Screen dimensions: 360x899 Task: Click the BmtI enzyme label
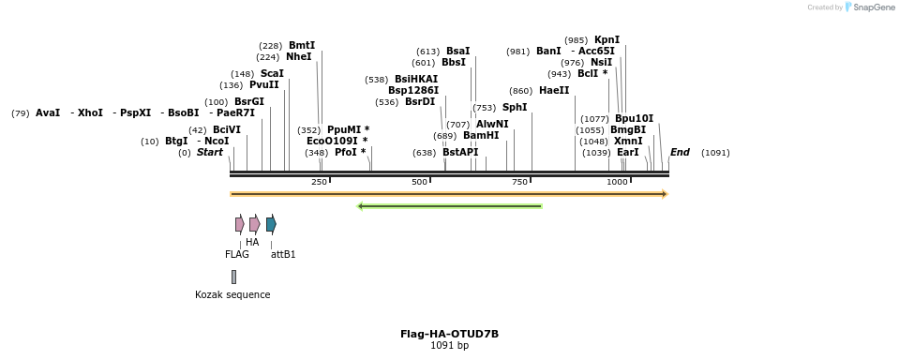tap(302, 45)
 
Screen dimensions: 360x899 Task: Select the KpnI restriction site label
tap(607, 39)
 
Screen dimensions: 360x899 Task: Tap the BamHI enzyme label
tap(481, 136)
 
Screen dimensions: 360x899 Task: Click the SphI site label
tap(515, 108)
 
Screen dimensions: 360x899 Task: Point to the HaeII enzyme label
tap(554, 91)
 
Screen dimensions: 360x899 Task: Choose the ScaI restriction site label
tap(272, 74)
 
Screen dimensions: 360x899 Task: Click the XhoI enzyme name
tap(90, 113)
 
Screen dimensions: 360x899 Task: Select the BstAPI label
tap(460, 152)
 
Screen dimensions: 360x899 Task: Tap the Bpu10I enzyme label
tap(634, 119)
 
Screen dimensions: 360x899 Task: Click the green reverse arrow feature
tap(450, 206)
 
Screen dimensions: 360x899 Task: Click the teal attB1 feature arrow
tap(271, 224)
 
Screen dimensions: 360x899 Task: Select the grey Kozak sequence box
tap(233, 277)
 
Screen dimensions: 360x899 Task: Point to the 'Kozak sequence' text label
tap(232, 294)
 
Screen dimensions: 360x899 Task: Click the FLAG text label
tap(237, 254)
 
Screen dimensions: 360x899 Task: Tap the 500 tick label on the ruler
tap(419, 182)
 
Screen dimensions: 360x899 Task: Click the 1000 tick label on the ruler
tap(617, 182)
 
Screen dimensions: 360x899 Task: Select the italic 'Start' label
tap(209, 152)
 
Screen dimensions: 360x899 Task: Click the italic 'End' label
tap(680, 152)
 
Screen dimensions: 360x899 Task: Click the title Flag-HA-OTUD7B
tap(449, 334)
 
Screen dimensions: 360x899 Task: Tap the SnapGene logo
tap(870, 7)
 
